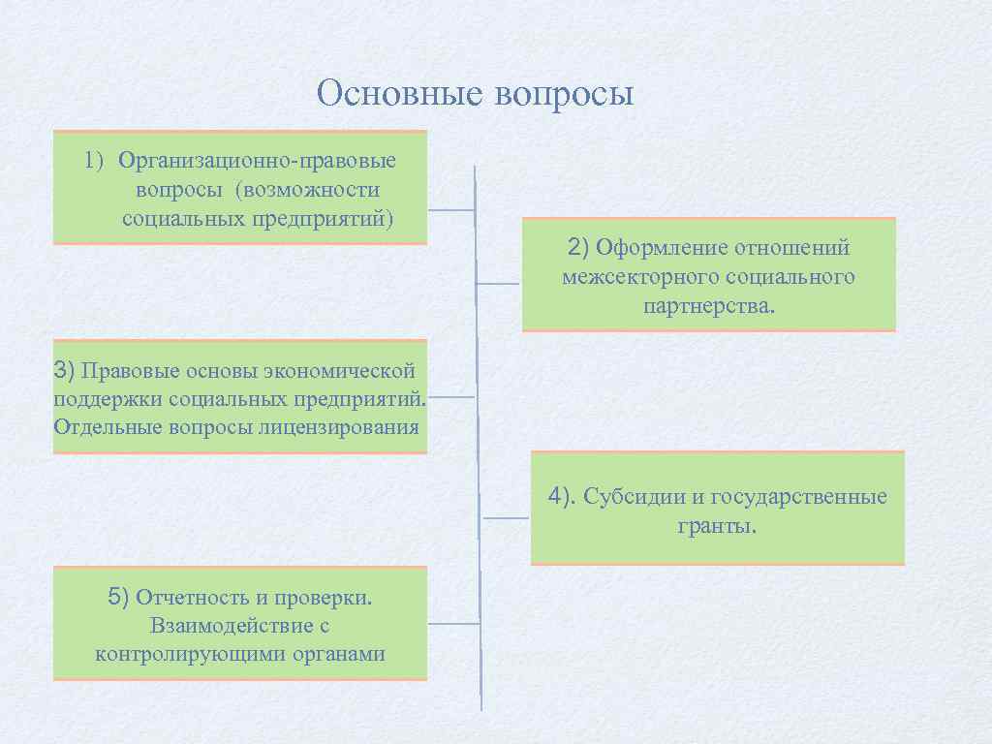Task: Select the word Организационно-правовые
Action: (x=257, y=160)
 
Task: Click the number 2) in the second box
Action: (x=578, y=247)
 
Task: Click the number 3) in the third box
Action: (x=64, y=369)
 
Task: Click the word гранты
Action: (x=717, y=527)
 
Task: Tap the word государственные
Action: (x=799, y=498)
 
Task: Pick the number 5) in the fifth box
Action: (x=118, y=597)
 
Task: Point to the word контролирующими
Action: (x=182, y=654)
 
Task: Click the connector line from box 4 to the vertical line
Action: (x=506, y=518)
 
